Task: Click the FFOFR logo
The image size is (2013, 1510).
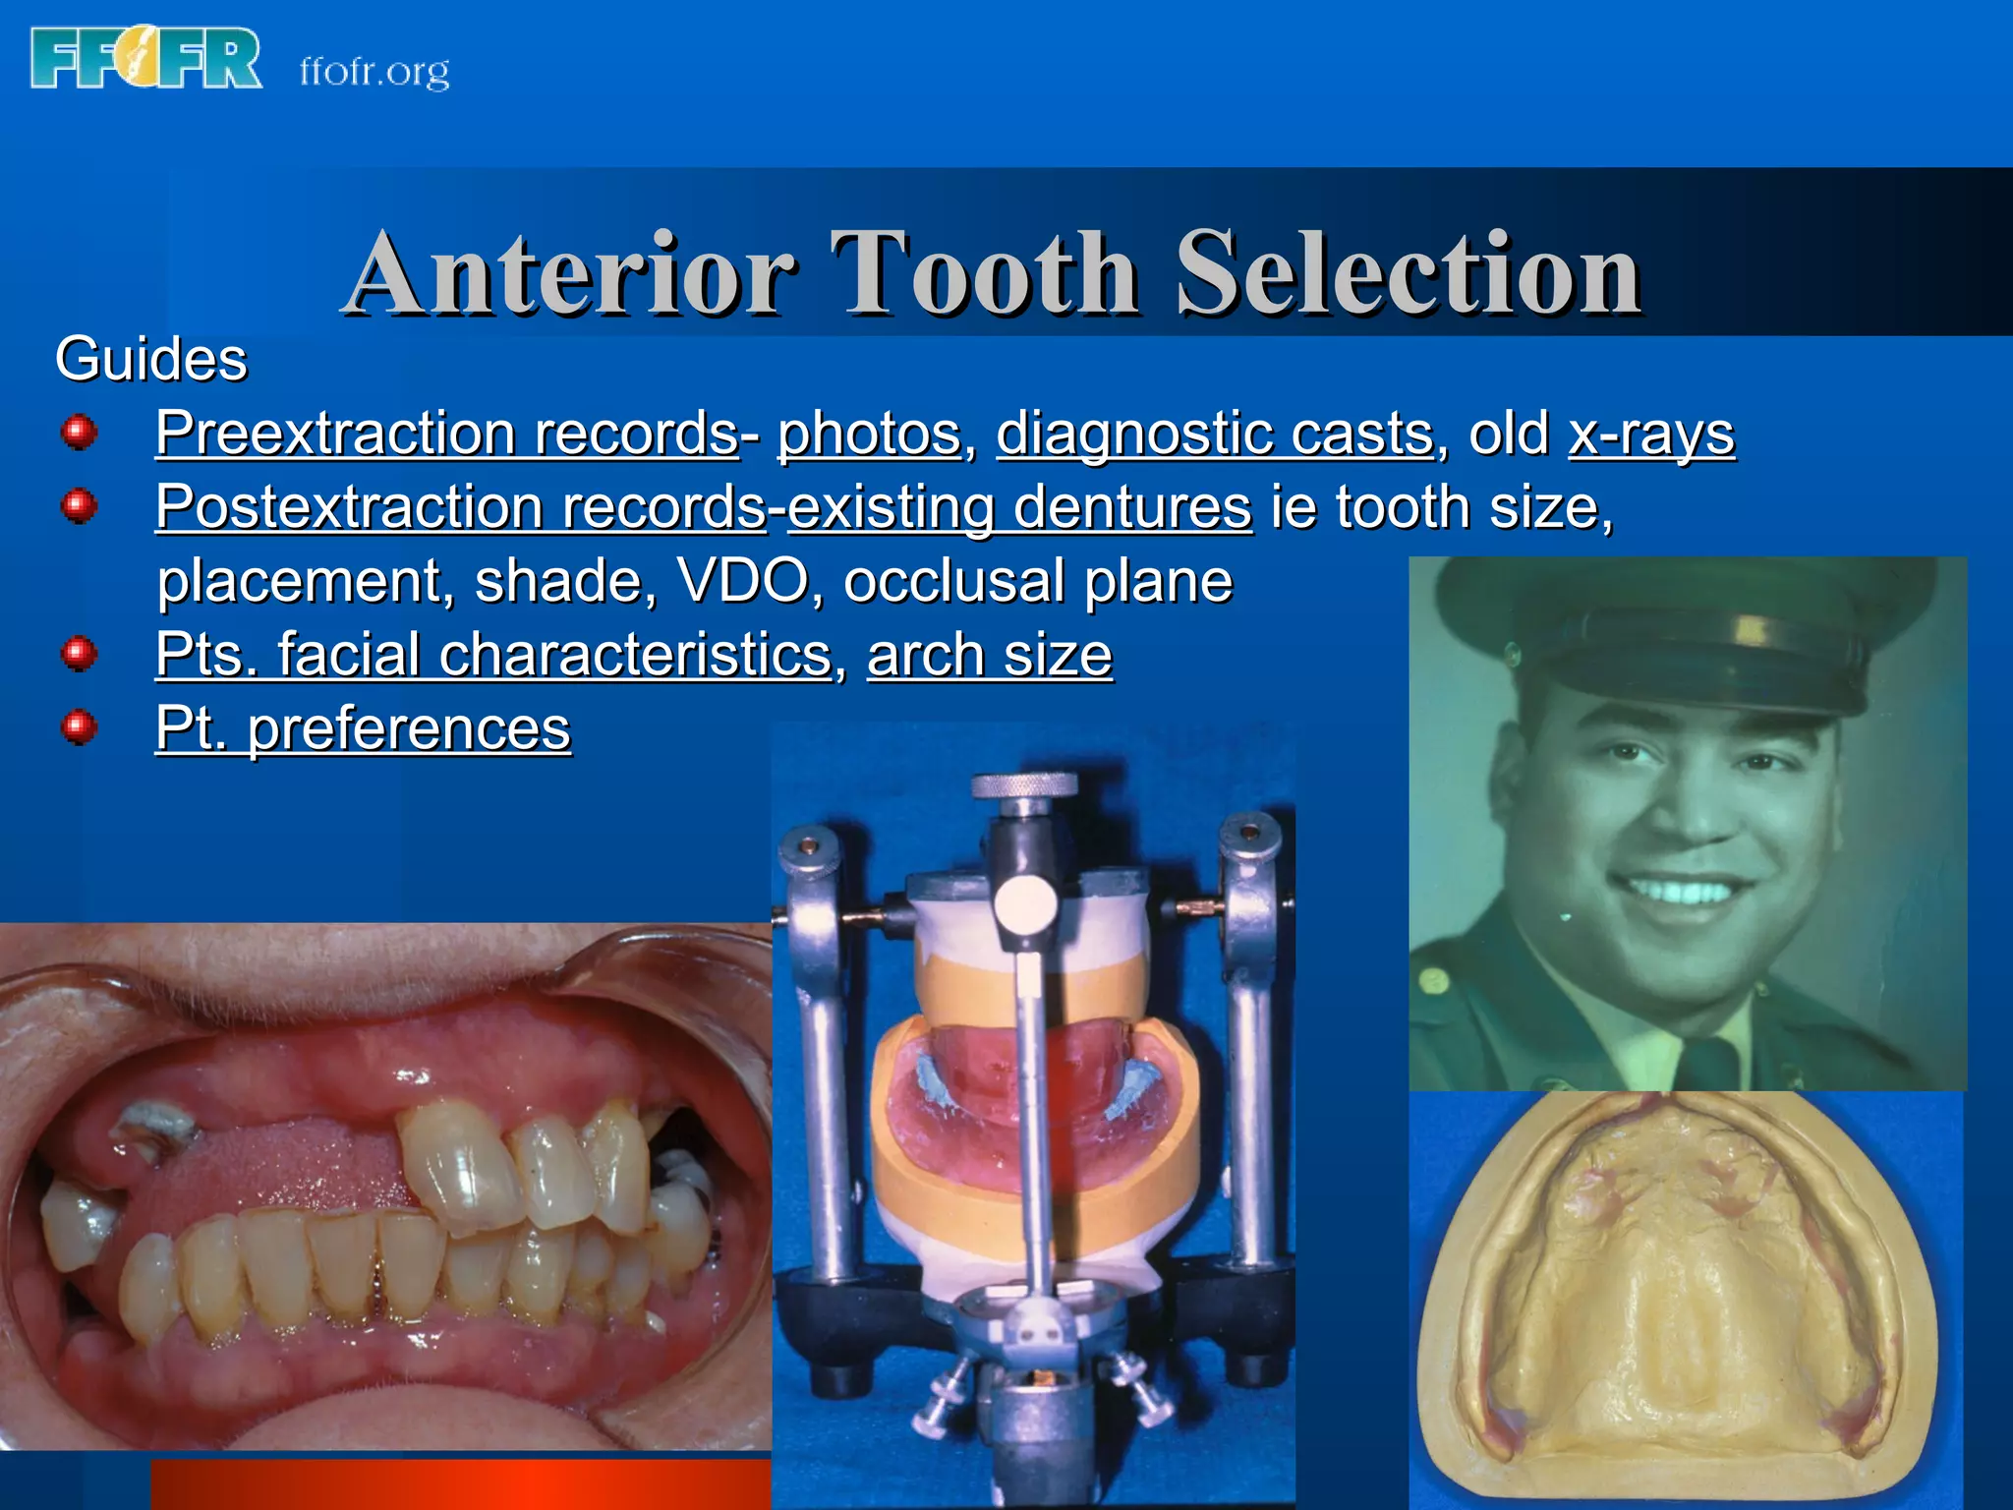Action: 145,59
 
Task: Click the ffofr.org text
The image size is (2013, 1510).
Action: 374,71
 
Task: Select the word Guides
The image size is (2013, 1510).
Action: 150,359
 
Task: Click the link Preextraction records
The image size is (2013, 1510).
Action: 446,434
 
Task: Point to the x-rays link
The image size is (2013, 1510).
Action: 1651,434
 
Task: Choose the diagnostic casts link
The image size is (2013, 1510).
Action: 1215,434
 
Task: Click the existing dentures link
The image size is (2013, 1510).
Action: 1019,507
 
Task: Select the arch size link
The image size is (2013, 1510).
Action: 989,655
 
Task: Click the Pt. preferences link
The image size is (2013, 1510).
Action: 363,728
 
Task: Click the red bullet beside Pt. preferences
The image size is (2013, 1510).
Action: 79,728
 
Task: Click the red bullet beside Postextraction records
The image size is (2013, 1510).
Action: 79,507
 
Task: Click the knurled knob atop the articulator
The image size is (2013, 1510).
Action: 1023,785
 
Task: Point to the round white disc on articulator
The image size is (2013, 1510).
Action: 1025,903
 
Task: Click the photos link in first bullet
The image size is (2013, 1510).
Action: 869,434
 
